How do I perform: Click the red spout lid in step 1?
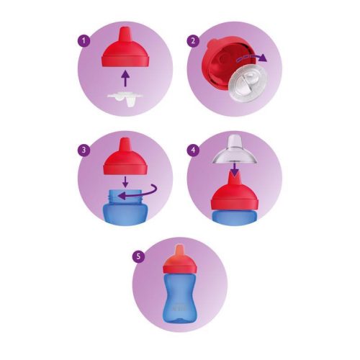click(126, 49)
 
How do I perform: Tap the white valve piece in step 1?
click(125, 96)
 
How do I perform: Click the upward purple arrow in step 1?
click(126, 75)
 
